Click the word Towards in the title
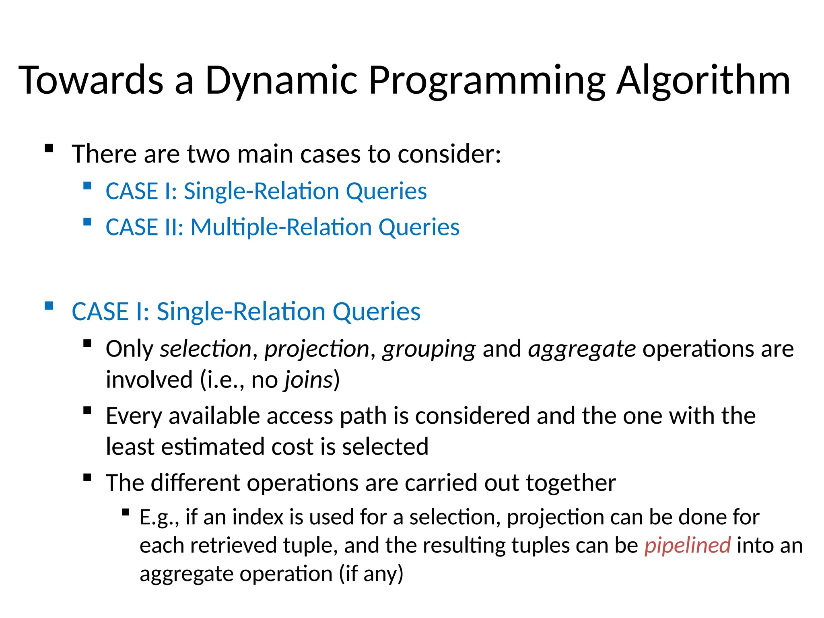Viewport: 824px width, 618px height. [91, 80]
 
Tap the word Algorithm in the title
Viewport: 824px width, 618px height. [703, 80]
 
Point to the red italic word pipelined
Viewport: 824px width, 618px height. [687, 546]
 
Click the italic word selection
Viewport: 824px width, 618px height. [206, 348]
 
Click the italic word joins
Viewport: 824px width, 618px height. [309, 380]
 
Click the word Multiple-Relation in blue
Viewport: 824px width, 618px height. [281, 227]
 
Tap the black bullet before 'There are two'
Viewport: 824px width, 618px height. [49, 148]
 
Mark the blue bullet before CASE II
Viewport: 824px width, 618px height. [87, 222]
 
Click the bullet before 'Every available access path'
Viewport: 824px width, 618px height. [87, 411]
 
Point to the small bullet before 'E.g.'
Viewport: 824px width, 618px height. [125, 513]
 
